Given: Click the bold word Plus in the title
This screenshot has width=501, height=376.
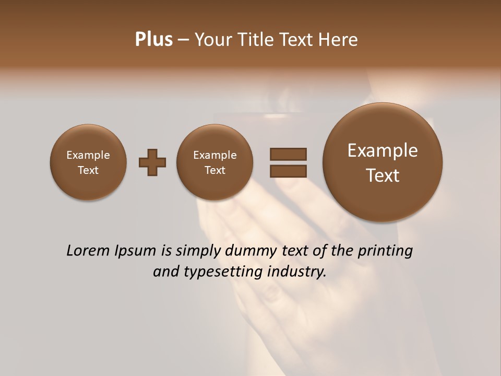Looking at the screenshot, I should pyautogui.click(x=153, y=40).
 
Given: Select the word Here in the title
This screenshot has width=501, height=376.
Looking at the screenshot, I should pyautogui.click(x=339, y=40).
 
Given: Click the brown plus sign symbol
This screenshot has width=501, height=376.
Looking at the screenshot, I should pyautogui.click(x=152, y=163).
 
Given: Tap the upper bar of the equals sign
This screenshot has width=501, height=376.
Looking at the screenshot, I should pyautogui.click(x=288, y=154).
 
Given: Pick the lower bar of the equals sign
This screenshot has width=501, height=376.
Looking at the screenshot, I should pyautogui.click(x=288, y=171).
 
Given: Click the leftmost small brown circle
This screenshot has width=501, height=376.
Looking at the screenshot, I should pyautogui.click(x=88, y=162).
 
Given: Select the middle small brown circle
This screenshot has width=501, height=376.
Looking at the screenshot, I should pyautogui.click(x=214, y=162).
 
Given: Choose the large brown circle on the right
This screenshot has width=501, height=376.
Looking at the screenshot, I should pyautogui.click(x=383, y=162).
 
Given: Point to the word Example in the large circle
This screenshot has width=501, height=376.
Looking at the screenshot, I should pyautogui.click(x=383, y=150).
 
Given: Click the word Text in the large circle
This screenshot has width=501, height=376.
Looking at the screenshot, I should pyautogui.click(x=383, y=175).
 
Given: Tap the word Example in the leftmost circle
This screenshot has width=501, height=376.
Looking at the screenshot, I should pyautogui.click(x=88, y=155).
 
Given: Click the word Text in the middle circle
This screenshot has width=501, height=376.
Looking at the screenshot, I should pyautogui.click(x=214, y=170).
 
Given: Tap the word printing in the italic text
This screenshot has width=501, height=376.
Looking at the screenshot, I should pyautogui.click(x=385, y=251).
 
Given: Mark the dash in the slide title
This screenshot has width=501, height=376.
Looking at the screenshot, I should pyautogui.click(x=183, y=40).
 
